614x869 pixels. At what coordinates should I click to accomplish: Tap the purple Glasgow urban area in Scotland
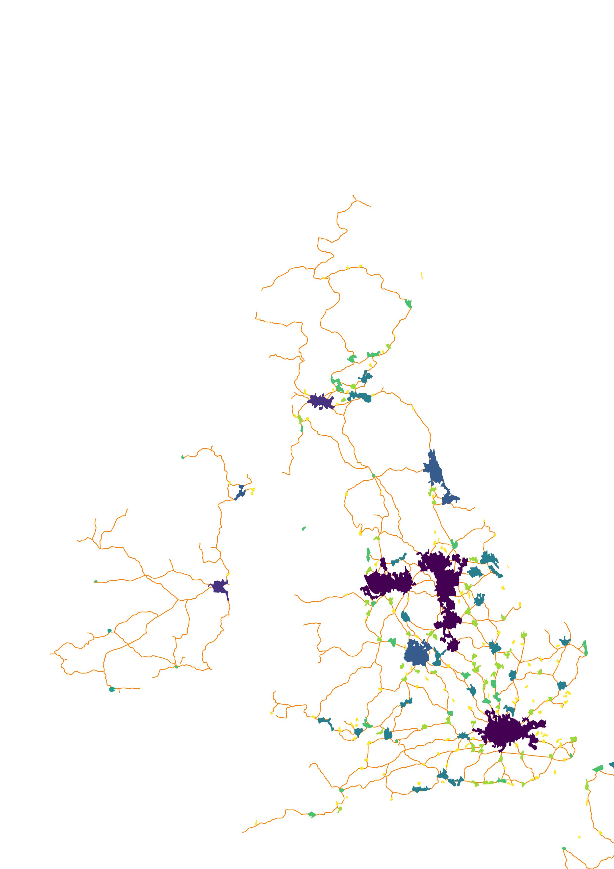pos(321,401)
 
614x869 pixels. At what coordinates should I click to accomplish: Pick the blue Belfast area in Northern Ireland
pos(240,492)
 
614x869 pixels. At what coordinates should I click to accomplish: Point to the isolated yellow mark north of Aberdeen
pos(422,275)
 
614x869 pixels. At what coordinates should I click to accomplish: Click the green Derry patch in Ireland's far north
pos(183,457)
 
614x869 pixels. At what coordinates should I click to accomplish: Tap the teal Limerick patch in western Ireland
pos(109,631)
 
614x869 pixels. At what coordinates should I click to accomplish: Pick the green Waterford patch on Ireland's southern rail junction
pos(176,667)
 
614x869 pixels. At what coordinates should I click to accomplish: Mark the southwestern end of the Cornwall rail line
pos(243,832)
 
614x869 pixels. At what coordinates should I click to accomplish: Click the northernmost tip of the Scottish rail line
pos(353,196)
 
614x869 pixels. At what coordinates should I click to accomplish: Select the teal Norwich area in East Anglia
pos(565,641)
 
